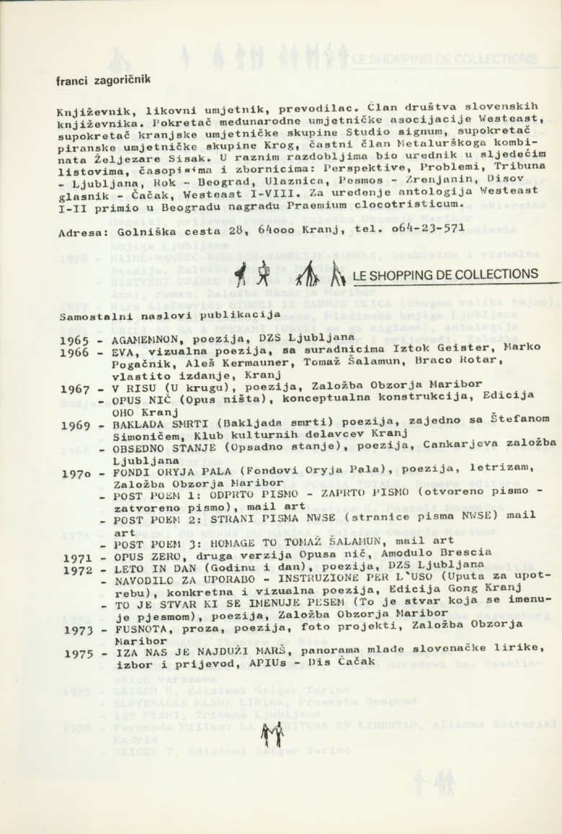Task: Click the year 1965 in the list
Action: pos(75,341)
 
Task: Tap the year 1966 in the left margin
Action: pos(75,353)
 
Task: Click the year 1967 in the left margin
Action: pos(75,390)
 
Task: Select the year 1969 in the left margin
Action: pos(75,426)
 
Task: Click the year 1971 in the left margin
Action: pos(75,558)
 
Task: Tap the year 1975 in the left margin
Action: pos(75,655)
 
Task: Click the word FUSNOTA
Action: pos(138,627)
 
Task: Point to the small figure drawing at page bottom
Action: pos(271,735)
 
